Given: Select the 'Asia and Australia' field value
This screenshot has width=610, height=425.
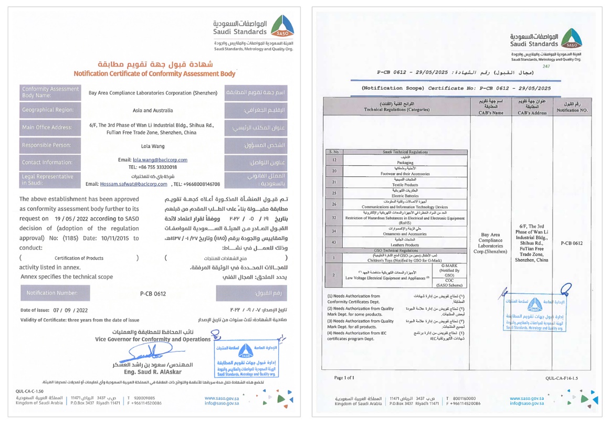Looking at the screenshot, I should click(153, 111).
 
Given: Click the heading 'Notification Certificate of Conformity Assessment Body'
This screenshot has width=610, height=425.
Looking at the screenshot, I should click(154, 74).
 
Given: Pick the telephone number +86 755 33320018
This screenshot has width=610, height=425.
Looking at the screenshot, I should click(153, 167).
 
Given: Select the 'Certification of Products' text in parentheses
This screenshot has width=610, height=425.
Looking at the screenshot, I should click(79, 258).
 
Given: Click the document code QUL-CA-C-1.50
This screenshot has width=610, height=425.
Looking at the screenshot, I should click(30, 391).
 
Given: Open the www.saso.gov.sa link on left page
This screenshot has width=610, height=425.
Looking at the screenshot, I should click(222, 398).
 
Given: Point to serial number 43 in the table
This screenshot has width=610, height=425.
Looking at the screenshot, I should click(334, 242).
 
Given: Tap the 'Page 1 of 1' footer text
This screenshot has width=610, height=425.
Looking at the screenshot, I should click(344, 377).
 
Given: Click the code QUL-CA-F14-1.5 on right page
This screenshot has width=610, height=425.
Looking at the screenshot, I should click(561, 378).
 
